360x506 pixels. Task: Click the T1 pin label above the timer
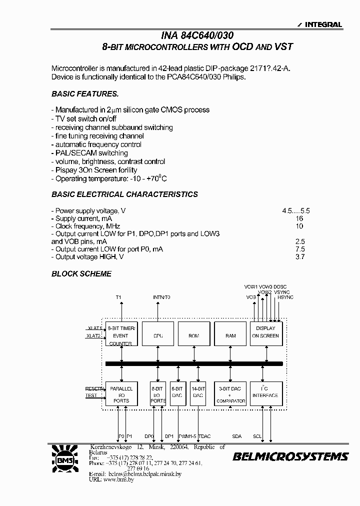(118, 297)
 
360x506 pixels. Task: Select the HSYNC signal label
(285, 297)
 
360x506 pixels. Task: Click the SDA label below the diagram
(236, 436)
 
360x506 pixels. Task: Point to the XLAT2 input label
(93, 336)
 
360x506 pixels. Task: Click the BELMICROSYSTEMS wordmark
(290, 456)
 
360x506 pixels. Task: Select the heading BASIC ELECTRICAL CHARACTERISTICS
(125, 194)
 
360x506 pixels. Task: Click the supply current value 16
(299, 219)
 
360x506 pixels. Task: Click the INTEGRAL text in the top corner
(323, 24)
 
